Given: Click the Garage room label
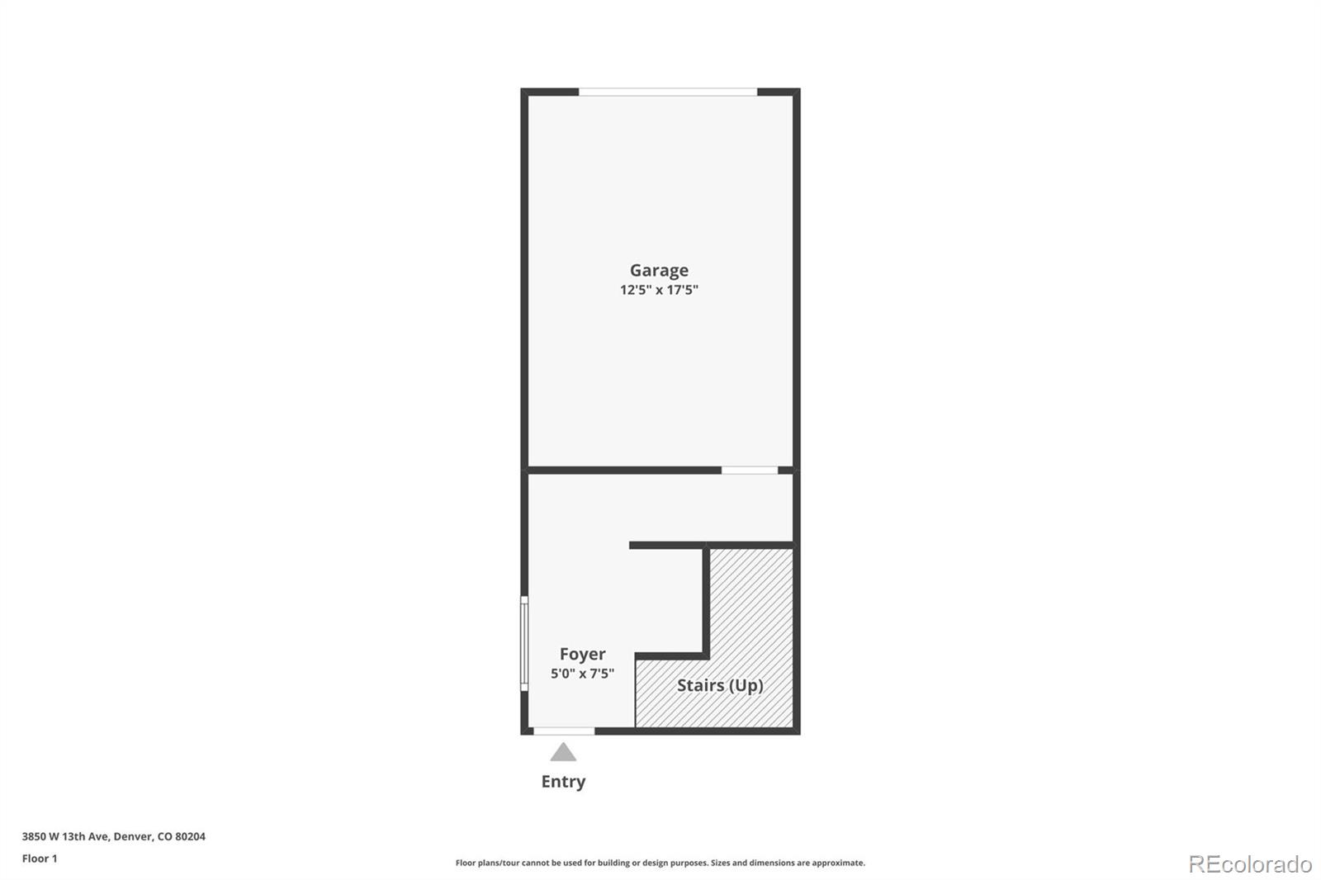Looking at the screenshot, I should [659, 270].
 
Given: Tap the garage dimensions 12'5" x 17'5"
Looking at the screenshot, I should [659, 290].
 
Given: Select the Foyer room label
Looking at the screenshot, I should [582, 654].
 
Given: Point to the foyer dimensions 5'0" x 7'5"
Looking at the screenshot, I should [582, 674].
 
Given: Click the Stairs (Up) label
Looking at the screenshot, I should [720, 685].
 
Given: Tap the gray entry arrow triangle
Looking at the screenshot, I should [563, 752].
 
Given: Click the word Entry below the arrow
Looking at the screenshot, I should [563, 781].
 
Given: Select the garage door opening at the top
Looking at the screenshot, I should [667, 92].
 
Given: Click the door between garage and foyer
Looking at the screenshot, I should [750, 471].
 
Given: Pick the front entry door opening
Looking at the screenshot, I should [564, 731].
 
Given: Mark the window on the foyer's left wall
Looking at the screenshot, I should [523, 643].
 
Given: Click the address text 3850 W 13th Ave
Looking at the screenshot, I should [65, 836].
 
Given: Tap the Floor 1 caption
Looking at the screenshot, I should [40, 859].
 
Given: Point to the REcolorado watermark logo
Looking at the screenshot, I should [1250, 864].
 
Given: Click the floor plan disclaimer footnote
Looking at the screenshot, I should [660, 863].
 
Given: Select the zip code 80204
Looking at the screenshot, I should [190, 836].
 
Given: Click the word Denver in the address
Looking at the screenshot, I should [133, 836].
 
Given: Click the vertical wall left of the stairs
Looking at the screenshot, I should [706, 600].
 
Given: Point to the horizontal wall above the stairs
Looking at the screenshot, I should [711, 545].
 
